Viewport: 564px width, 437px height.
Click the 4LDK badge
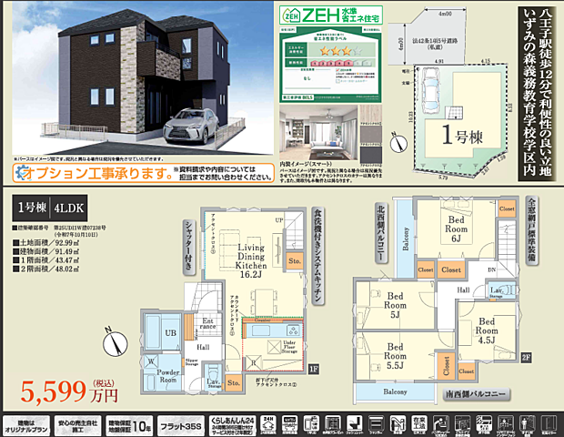click(69, 207)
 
